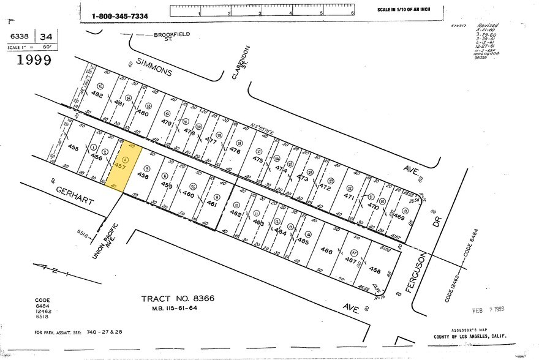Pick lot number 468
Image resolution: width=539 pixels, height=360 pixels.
tap(375, 270)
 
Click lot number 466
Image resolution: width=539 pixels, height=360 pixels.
tap(326, 251)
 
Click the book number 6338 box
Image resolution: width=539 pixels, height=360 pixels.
tap(20, 36)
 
